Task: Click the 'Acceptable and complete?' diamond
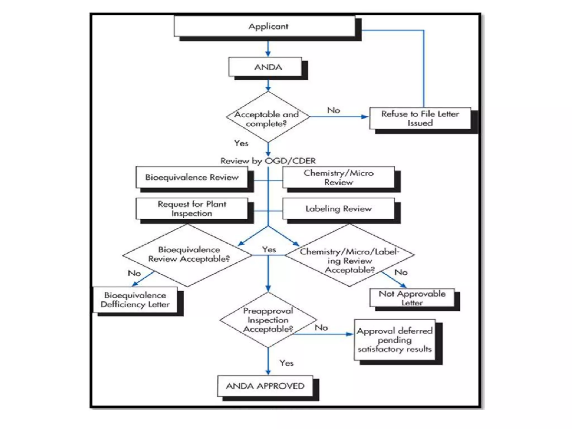pos(268,117)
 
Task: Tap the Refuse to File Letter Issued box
pos(420,118)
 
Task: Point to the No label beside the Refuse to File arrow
pos(333,110)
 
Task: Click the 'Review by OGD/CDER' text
pos(268,161)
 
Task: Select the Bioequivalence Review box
pos(192,177)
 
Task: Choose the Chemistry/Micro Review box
pos(339,177)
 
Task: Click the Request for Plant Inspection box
pos(192,208)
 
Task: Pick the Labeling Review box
pos(339,209)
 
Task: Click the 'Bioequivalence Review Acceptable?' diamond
pos(188,255)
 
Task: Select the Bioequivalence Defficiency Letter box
pos(135,300)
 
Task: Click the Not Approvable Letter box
pos(412,298)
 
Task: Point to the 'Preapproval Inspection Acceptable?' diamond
pos(268,320)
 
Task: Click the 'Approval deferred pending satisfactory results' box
pos(394,340)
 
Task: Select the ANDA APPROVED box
pos(265,386)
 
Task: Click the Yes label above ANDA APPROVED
pos(286,363)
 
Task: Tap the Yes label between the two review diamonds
pos(269,249)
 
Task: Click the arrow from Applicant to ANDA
pos(268,49)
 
